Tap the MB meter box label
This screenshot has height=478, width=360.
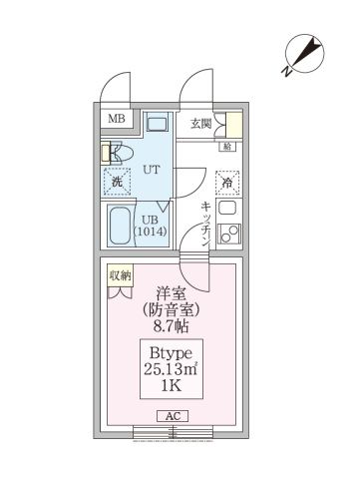[x=116, y=121]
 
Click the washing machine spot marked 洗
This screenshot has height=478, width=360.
[x=117, y=182]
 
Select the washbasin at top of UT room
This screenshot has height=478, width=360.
[x=156, y=125]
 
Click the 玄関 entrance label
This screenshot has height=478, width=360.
[x=201, y=123]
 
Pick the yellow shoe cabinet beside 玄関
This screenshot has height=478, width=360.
[x=232, y=125]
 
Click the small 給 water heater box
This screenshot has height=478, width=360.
[x=227, y=148]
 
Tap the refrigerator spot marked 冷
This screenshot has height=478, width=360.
[x=227, y=184]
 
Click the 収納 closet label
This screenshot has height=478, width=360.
[x=121, y=274]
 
